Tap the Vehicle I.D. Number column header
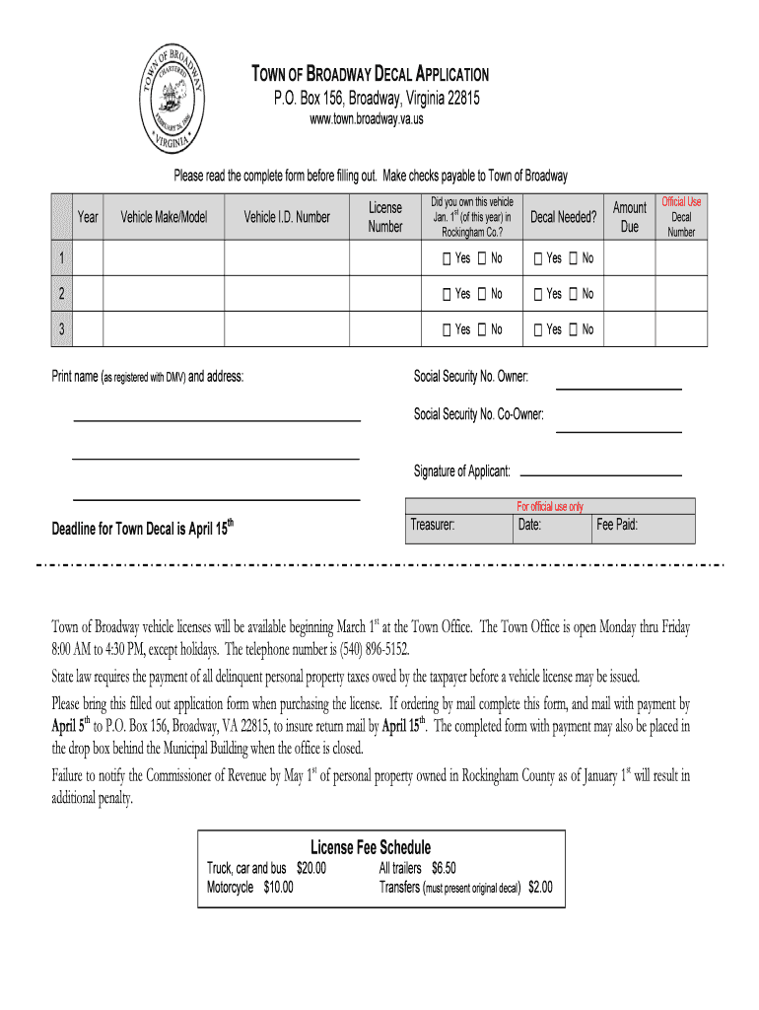click(x=287, y=217)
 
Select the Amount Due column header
click(x=629, y=217)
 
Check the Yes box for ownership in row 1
click(x=448, y=258)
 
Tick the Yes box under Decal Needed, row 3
click(x=538, y=329)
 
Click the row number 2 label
click(x=62, y=294)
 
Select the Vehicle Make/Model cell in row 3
click(x=164, y=329)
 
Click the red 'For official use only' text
click(x=550, y=507)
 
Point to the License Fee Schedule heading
click(x=370, y=847)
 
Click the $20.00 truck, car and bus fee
click(x=310, y=869)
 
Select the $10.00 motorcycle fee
click(x=278, y=887)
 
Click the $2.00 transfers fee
click(x=540, y=887)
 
